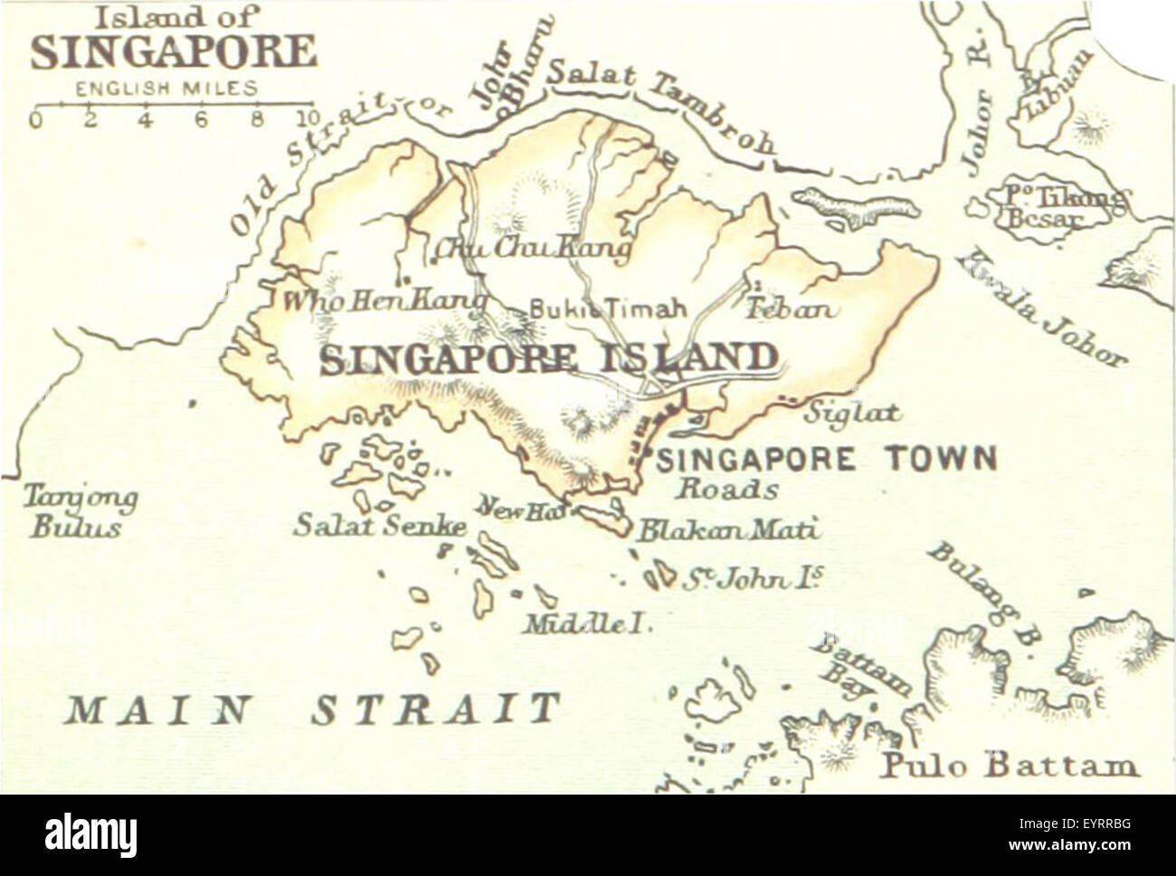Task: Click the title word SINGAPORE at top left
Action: click(x=174, y=52)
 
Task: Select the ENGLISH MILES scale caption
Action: click(x=166, y=89)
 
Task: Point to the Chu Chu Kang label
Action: click(x=532, y=247)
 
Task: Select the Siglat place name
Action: click(x=853, y=413)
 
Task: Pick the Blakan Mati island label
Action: click(x=727, y=528)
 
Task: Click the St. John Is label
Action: click(x=752, y=578)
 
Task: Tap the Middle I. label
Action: click(x=588, y=624)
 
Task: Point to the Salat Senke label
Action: click(x=380, y=525)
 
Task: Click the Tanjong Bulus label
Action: click(x=80, y=511)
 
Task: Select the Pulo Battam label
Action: click(x=1009, y=766)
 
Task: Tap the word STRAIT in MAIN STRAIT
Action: click(x=436, y=709)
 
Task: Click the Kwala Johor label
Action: click(x=1040, y=308)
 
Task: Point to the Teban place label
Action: click(x=789, y=309)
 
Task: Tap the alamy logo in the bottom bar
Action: click(x=90, y=834)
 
